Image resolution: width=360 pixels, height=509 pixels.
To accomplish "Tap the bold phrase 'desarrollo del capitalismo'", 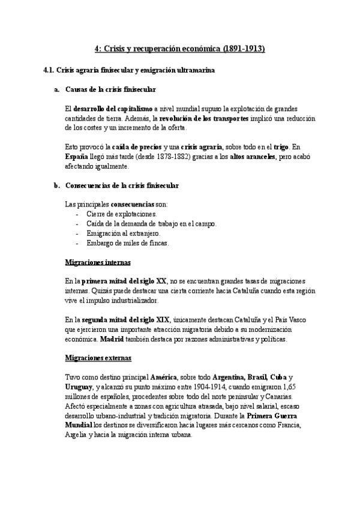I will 112,109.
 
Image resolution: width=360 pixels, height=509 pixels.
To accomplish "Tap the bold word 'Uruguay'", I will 79,387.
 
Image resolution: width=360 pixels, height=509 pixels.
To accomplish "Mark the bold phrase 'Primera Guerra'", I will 272,416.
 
